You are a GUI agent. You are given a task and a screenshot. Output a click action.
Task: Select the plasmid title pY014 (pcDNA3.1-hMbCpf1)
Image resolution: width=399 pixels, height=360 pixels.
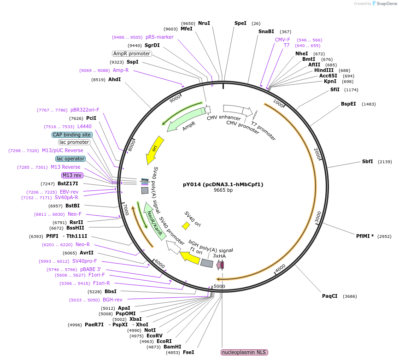coord(223,184)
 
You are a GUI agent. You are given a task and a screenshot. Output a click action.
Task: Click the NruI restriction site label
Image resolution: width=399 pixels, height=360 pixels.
coord(204,23)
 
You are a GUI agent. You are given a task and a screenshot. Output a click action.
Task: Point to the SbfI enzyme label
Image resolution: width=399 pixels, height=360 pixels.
coord(367,161)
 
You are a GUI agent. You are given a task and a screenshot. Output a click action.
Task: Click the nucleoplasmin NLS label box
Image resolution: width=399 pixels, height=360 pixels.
coord(244,352)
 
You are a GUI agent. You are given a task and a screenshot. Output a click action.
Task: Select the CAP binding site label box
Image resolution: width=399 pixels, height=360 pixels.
coord(72,135)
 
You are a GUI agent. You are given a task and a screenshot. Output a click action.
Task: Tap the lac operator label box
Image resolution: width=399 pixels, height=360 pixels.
coord(70,159)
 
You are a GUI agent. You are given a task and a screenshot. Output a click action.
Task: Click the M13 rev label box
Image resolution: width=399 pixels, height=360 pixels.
coord(72,175)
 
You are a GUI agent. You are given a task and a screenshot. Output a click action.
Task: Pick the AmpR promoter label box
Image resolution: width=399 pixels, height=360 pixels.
coord(132,53)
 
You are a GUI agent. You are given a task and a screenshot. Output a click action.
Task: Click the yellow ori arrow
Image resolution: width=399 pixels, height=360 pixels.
coord(154,150)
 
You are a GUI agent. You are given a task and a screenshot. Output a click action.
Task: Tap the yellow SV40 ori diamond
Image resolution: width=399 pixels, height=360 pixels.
coord(186,226)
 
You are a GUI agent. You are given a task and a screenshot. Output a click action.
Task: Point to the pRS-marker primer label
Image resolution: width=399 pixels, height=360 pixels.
coord(159,37)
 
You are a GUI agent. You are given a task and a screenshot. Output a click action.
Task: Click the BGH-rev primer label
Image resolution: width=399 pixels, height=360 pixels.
coord(112,300)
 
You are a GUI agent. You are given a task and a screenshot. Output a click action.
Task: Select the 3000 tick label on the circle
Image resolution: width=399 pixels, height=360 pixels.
coord(318,217)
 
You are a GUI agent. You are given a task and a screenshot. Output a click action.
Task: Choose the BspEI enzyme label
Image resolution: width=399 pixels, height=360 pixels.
coord(348,104)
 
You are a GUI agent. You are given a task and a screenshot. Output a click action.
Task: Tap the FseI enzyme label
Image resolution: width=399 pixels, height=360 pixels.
coord(188,352)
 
